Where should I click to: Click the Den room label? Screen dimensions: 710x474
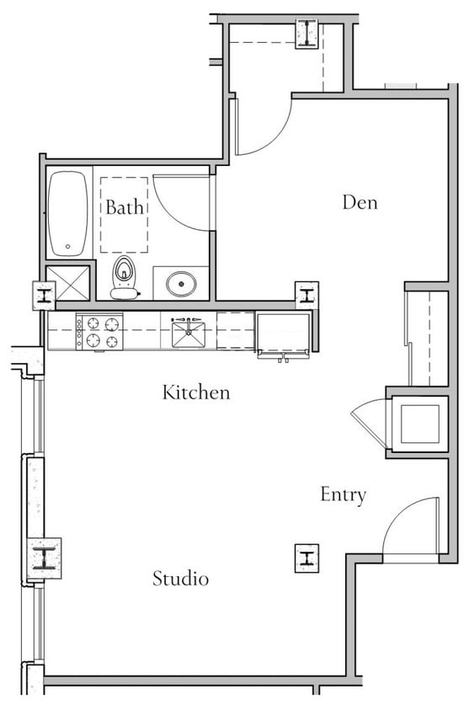[x=359, y=202]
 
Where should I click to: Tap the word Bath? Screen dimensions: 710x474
[x=124, y=206]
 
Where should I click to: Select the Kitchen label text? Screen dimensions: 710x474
[x=195, y=392]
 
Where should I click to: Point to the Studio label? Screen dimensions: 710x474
[x=180, y=579]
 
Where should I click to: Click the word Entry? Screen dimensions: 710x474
[x=343, y=494]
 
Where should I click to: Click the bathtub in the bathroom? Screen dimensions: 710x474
[x=68, y=214]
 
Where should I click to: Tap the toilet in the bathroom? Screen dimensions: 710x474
[x=125, y=277]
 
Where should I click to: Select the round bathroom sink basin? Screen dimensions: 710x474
[x=181, y=283]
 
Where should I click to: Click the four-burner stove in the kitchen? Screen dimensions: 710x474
[x=99, y=331]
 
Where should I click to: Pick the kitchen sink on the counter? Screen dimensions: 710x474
[x=189, y=334]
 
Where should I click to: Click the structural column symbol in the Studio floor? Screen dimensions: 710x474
[x=306, y=558]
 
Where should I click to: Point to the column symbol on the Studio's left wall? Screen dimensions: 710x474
[x=44, y=557]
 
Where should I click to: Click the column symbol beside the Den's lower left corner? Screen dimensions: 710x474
[x=306, y=295]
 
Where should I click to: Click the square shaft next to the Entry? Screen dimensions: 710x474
[x=419, y=424]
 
